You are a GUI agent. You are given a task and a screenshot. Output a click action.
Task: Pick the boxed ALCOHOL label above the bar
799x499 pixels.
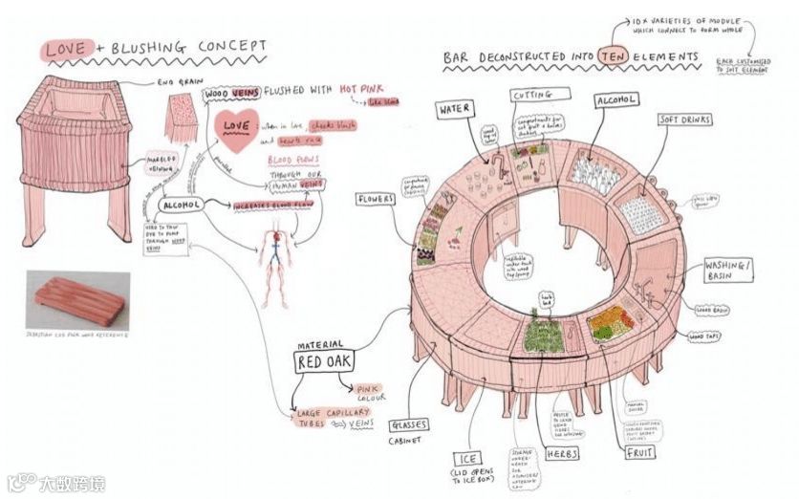pyautogui.click(x=617, y=100)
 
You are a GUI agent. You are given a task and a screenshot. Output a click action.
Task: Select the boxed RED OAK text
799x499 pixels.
pyautogui.click(x=323, y=362)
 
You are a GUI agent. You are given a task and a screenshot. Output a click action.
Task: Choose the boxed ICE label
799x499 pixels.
pyautogui.click(x=468, y=458)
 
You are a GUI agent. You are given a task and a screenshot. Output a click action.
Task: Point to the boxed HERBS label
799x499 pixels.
pyautogui.click(x=561, y=454)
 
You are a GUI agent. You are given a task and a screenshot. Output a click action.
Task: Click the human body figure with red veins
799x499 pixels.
pyautogui.click(x=276, y=258)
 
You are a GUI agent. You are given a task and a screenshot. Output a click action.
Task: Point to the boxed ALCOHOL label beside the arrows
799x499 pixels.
pyautogui.click(x=181, y=205)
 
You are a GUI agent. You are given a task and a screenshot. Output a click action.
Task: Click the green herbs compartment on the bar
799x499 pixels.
pyautogui.click(x=546, y=334)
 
